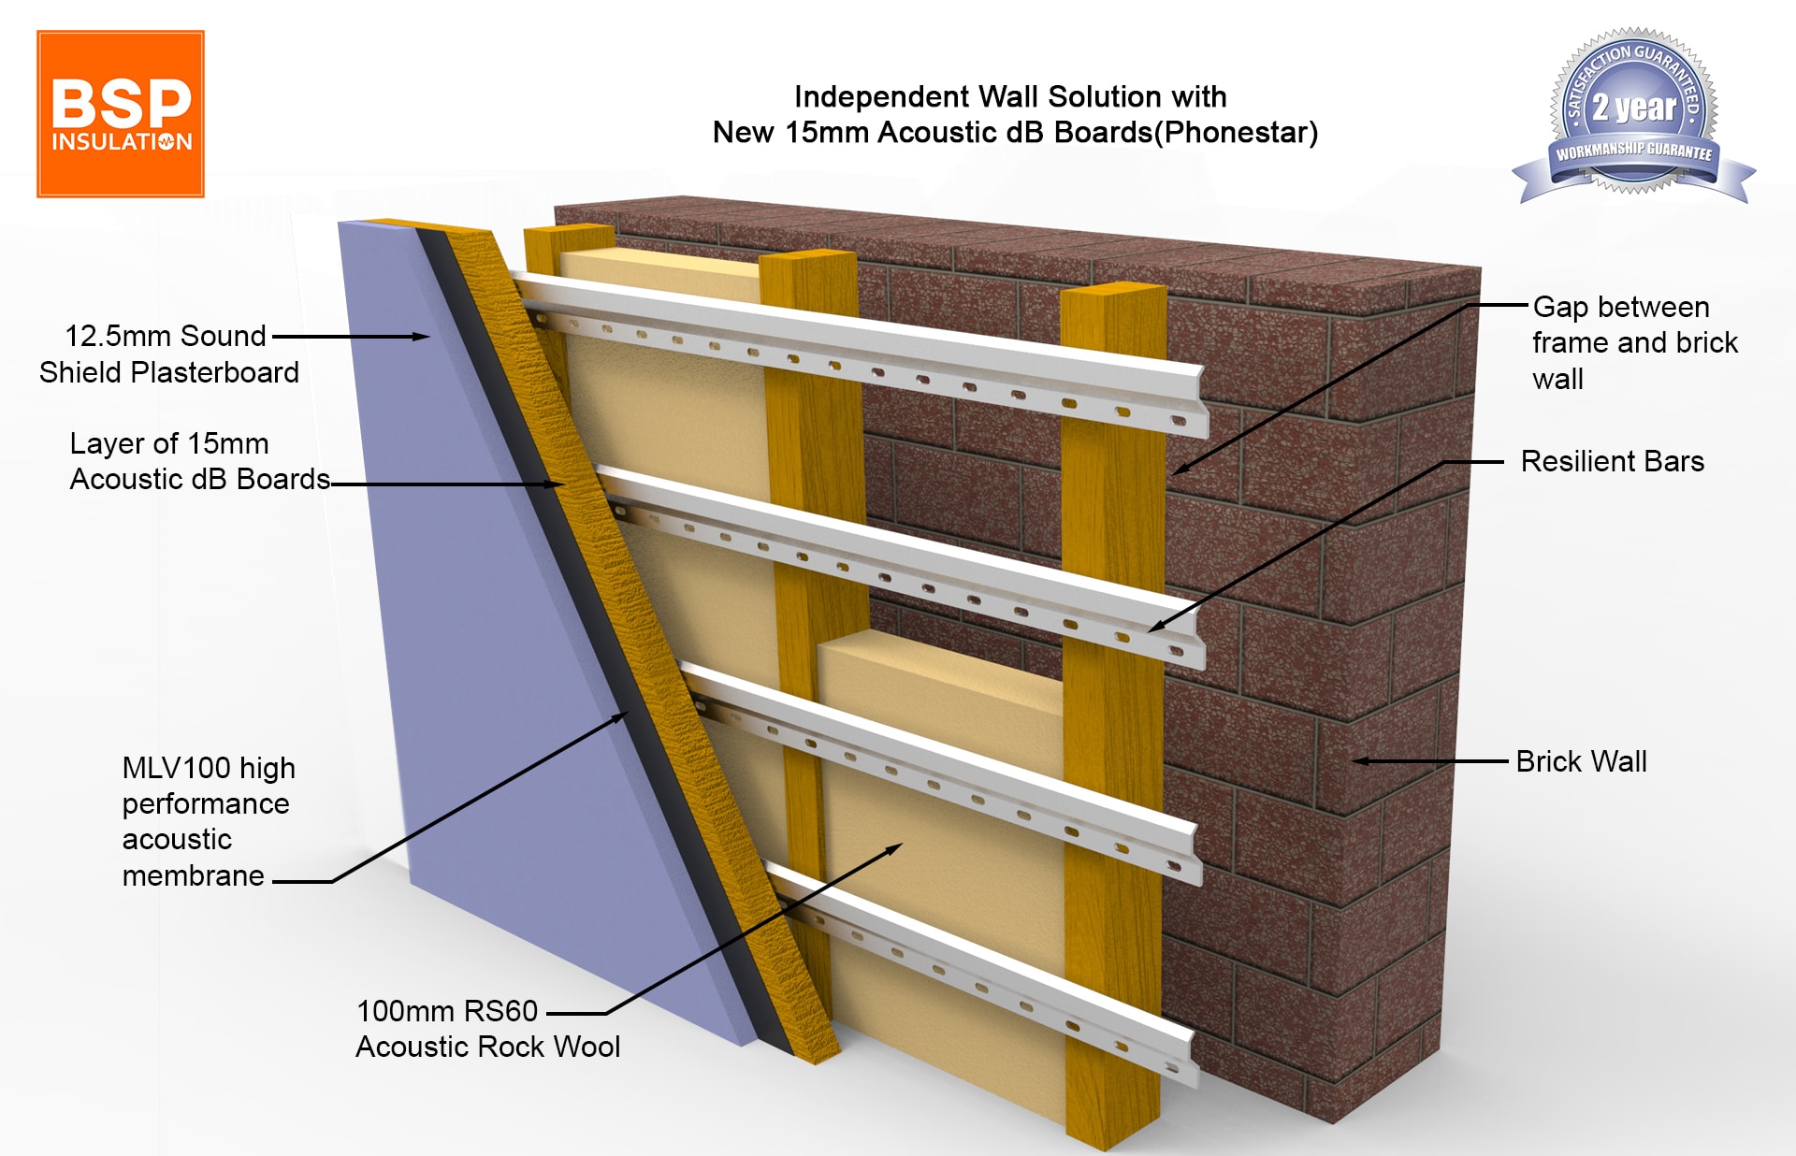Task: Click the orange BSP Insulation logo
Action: click(121, 114)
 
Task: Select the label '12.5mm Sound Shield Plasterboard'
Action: click(168, 354)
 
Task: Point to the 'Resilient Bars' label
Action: click(1612, 461)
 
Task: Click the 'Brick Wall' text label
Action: click(1581, 761)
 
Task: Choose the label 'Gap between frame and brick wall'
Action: click(1633, 342)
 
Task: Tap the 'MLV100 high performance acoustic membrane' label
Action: click(208, 821)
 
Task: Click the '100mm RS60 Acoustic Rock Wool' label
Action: click(487, 1028)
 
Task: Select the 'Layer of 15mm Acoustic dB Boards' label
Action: click(199, 461)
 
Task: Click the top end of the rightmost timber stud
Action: click(1113, 292)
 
